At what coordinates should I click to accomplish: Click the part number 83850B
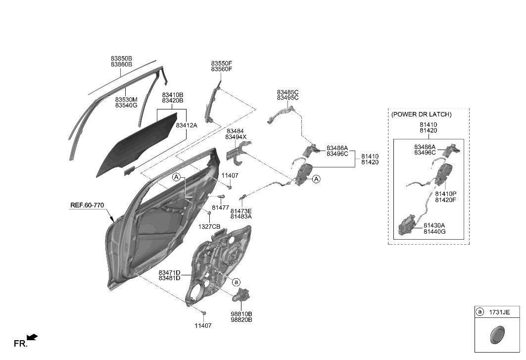point(121,58)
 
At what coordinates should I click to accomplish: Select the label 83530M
point(126,99)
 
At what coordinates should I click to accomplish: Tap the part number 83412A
point(187,125)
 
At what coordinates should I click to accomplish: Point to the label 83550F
point(221,63)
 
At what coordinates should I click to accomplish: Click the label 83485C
point(287,92)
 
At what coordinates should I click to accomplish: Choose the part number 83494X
point(236,137)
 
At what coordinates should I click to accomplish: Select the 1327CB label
point(209,226)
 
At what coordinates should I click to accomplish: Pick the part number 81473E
point(241,210)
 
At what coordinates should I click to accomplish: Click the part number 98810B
point(241,314)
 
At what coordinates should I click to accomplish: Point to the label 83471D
point(169,272)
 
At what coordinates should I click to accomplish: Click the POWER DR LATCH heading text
point(421,114)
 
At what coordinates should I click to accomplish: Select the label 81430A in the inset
point(434,225)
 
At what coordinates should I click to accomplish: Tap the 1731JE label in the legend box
point(499,312)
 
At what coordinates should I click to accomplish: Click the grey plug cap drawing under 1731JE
point(495,335)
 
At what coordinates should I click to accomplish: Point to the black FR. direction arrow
point(32,338)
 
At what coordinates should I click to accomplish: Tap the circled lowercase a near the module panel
point(236,282)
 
